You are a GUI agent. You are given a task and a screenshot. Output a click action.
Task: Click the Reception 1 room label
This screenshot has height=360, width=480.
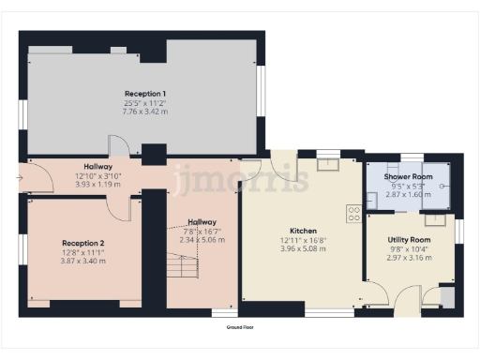[144, 94]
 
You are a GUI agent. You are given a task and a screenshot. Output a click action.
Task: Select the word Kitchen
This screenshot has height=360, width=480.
[303, 231]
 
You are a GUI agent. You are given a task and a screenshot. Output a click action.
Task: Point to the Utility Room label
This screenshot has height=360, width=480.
[409, 240]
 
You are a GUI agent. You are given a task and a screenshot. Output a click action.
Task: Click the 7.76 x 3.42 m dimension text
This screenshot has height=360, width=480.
[144, 112]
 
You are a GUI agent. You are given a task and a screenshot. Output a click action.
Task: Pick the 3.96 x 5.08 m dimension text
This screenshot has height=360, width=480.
[303, 248]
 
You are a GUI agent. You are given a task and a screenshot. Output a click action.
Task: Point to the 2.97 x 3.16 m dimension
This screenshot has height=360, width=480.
[409, 257]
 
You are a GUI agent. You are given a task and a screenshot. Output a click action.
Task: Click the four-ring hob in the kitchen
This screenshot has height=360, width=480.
[354, 214]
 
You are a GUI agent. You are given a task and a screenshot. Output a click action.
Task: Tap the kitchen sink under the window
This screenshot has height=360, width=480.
[328, 166]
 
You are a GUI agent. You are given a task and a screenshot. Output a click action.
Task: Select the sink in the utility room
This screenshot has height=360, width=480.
[435, 220]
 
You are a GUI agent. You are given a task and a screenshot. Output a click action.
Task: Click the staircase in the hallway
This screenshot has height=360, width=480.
[185, 272]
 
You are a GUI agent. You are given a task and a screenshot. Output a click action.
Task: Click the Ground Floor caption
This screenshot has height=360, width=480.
[240, 328]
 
